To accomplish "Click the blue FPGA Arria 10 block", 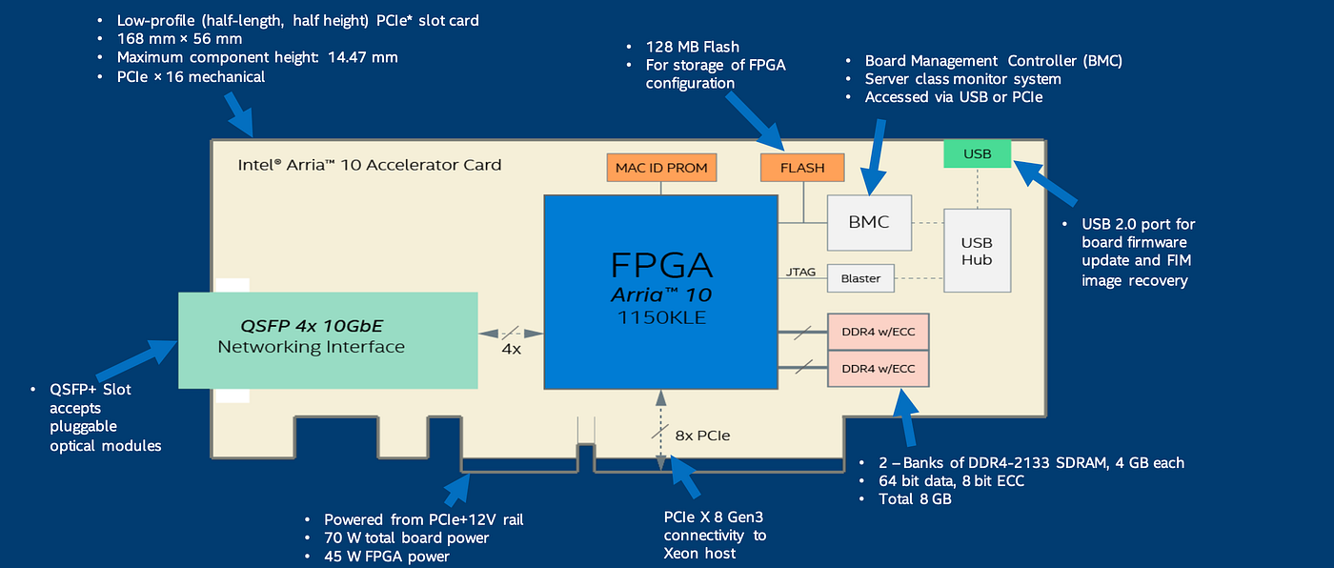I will pos(659,291).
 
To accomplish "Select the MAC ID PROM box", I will pos(661,168).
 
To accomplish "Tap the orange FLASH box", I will pos(802,168).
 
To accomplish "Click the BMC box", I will pos(869,222).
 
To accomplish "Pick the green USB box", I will pos(977,153).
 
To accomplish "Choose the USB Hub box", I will pos(977,250).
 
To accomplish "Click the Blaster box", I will pos(860,278).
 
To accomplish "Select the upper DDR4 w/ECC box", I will pos(878,332).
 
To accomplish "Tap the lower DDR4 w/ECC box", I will pos(878,368).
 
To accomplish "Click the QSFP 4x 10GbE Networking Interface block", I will pos(328,339).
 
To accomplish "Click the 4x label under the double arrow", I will pos(512,350).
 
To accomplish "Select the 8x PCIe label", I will pos(702,436).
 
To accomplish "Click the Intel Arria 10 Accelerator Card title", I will pos(370,165).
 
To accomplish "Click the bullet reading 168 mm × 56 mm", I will pos(179,39).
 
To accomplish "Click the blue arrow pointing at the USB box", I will pos(1046,183).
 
